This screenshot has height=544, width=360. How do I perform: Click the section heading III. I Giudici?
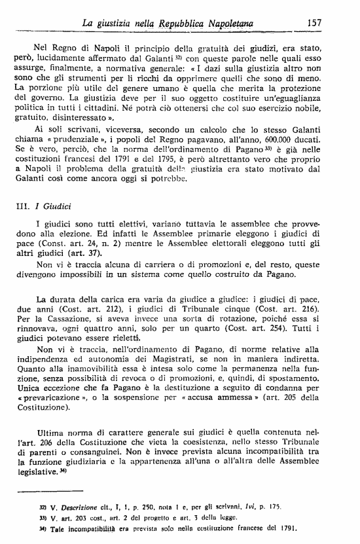(x=43, y=204)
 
